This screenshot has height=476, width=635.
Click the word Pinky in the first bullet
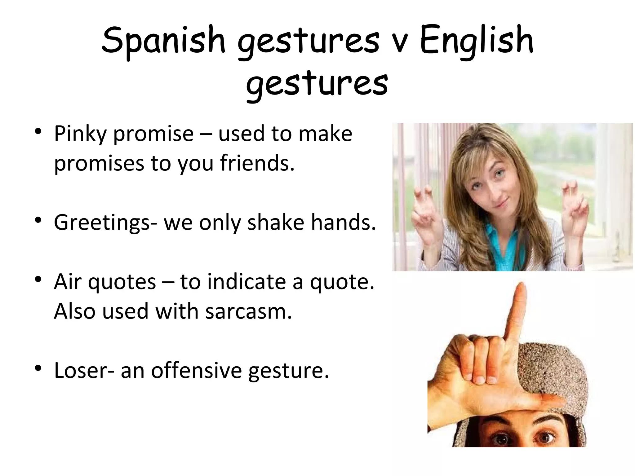pos(80,134)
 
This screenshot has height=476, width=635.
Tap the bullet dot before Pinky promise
pos(38,132)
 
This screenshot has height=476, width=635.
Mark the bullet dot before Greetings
pos(38,220)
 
